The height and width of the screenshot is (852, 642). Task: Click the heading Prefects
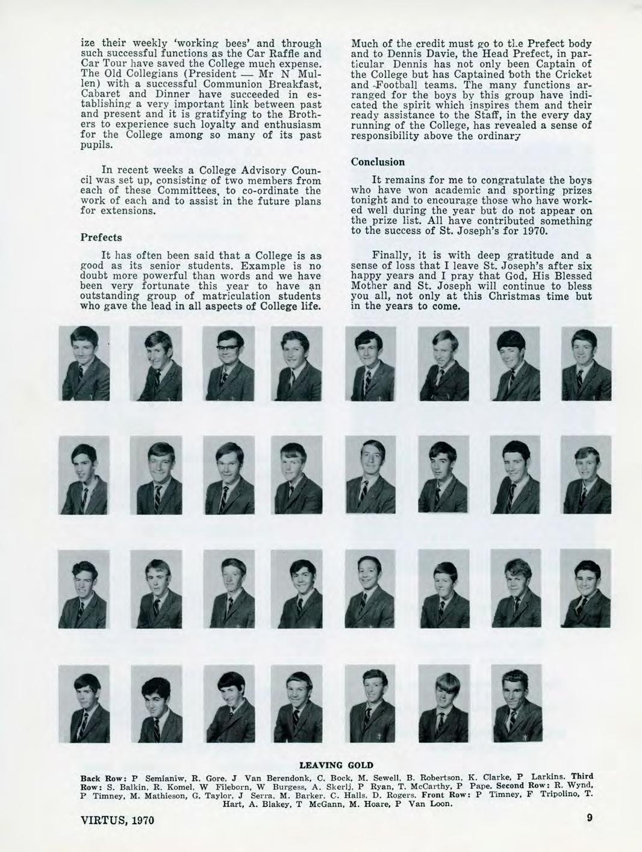(101, 237)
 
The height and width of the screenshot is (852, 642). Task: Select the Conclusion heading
(378, 162)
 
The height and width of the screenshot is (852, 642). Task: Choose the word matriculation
(236, 296)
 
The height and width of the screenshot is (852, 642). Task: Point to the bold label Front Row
(444, 794)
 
